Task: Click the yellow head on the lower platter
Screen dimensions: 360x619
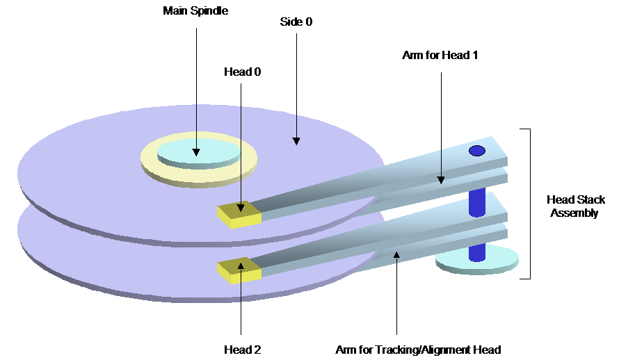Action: click(239, 269)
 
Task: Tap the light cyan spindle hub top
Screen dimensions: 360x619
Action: click(198, 151)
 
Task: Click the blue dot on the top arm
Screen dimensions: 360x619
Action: click(476, 151)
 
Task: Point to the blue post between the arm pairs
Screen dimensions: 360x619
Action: click(476, 202)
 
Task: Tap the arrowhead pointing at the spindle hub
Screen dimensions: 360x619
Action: click(196, 152)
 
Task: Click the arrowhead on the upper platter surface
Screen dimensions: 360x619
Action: click(296, 141)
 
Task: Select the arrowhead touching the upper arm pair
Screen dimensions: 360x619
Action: click(440, 180)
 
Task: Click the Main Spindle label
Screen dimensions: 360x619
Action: click(195, 11)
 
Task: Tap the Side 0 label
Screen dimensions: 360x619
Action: click(298, 22)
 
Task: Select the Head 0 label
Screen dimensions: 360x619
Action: click(242, 72)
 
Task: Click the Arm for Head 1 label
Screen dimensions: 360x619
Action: click(440, 55)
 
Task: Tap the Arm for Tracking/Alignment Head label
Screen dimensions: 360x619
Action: click(417, 349)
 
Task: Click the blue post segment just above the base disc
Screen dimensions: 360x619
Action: click(476, 250)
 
